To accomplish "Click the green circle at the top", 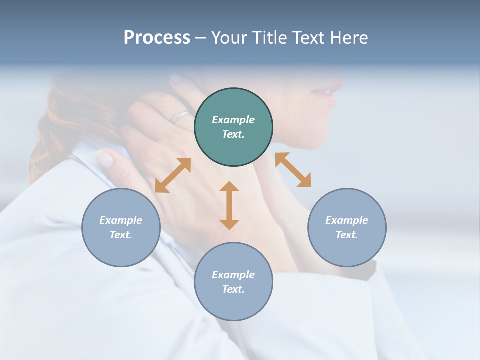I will pyautogui.click(x=233, y=127).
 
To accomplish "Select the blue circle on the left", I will pyautogui.click(x=121, y=227).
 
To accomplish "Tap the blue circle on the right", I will pyautogui.click(x=347, y=227).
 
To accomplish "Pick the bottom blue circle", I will pyautogui.click(x=233, y=281).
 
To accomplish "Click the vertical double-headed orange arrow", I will pyautogui.click(x=229, y=205).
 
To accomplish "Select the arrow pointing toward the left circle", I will pyautogui.click(x=173, y=175).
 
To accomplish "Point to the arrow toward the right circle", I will pyautogui.click(x=293, y=170).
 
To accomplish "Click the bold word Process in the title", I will pyautogui.click(x=157, y=38).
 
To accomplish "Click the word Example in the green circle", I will pyautogui.click(x=233, y=120).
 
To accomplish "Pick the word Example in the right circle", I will pyautogui.click(x=347, y=220).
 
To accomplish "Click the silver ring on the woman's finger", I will pyautogui.click(x=181, y=117).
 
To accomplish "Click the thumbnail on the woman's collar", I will pyautogui.click(x=104, y=158).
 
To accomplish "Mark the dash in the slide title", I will pyautogui.click(x=201, y=38).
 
